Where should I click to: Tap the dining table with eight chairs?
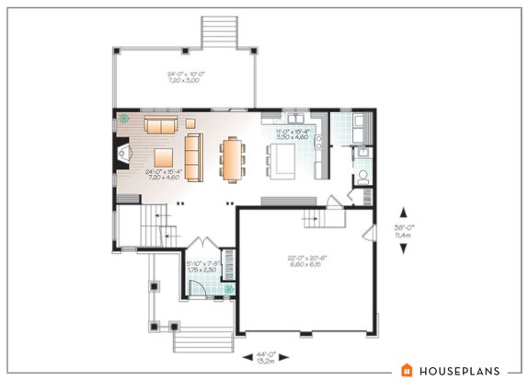click(231, 157)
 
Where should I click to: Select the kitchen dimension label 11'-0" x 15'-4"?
click(293, 136)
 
